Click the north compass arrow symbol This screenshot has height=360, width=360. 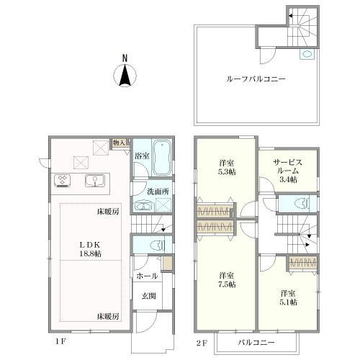click(125, 75)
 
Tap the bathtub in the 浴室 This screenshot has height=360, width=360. click(162, 158)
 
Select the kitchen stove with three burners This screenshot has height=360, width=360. click(63, 181)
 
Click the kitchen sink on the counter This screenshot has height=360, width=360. click(95, 181)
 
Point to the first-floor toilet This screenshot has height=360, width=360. click(157, 246)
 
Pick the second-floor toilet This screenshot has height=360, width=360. click(302, 204)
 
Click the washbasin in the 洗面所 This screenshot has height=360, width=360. click(143, 206)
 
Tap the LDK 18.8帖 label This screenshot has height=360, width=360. click(90, 249)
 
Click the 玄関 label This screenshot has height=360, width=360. click(148, 296)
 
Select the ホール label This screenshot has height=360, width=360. click(147, 276)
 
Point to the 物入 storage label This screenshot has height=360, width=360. click(119, 143)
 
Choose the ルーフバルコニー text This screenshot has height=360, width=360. click(256, 79)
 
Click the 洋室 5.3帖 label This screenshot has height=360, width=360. click(227, 168)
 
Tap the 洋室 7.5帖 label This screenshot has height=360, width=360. click(227, 280)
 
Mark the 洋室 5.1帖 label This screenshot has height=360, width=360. click(288, 297)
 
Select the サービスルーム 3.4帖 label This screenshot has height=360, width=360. click(288, 171)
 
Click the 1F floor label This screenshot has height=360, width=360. click(60, 341)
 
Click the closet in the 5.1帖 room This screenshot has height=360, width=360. click(302, 263)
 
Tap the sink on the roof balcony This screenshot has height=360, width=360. click(307, 54)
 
